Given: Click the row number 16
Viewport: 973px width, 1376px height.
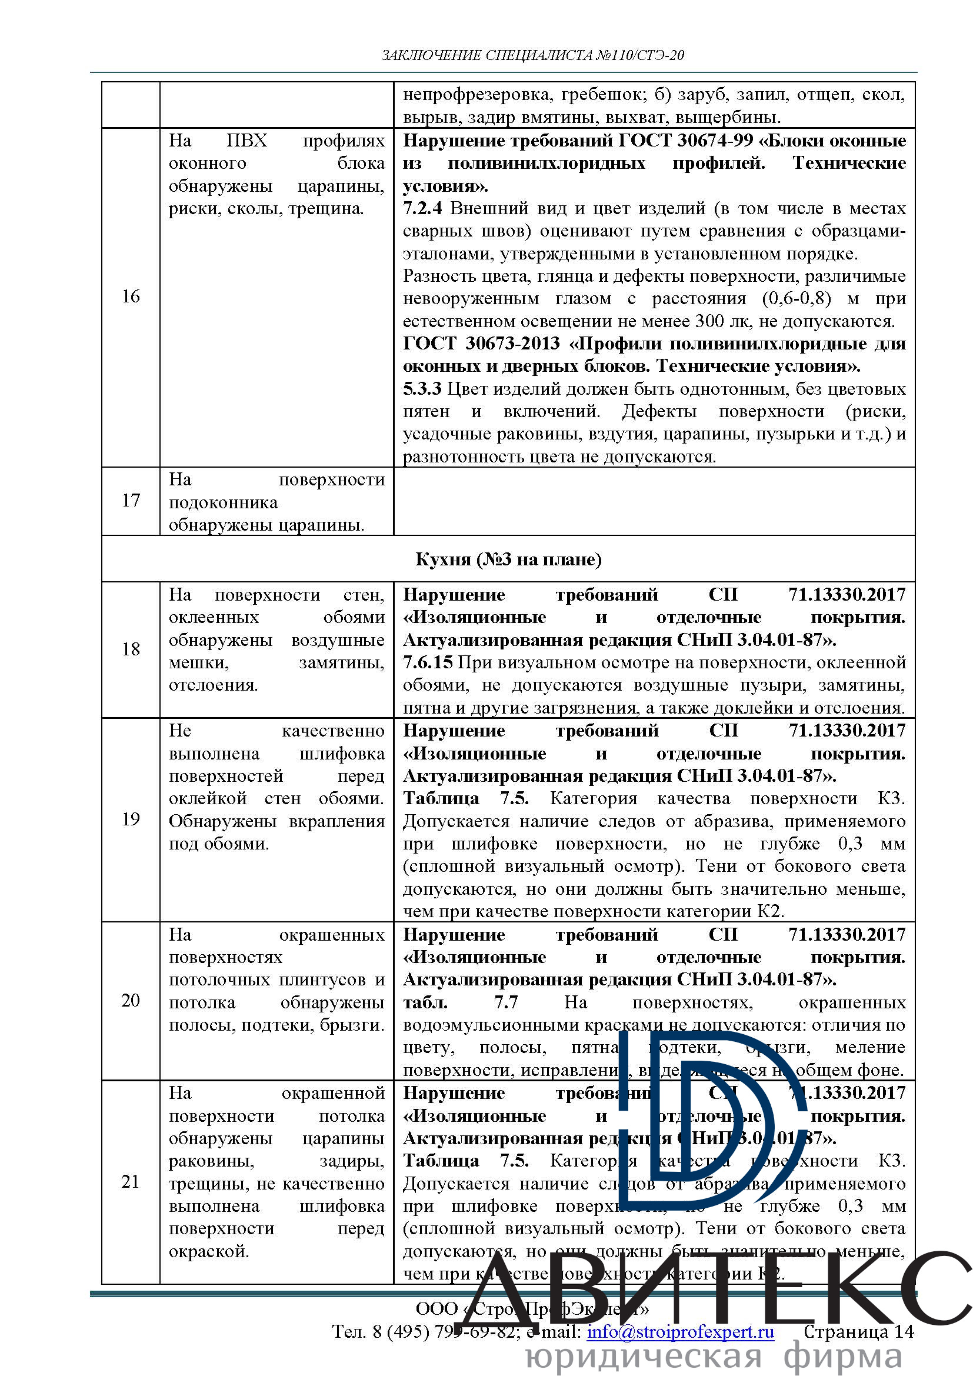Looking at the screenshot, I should (131, 296).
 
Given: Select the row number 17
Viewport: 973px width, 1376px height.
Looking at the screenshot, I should (131, 500).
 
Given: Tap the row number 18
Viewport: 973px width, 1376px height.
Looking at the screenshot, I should (131, 648).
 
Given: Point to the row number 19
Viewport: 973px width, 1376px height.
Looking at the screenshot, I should (131, 819).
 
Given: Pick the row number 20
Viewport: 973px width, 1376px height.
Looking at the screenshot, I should (131, 999).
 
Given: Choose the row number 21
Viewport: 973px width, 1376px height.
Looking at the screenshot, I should (131, 1181).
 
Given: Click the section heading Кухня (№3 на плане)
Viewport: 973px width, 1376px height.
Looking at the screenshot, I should (508, 558).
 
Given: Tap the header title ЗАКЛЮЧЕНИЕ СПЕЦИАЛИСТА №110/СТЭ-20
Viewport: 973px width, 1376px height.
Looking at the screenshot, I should (532, 55).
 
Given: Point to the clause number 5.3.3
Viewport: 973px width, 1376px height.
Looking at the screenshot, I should (422, 389).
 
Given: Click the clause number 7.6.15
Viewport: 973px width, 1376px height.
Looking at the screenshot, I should (427, 662).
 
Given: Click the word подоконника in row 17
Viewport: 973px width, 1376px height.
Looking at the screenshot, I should (224, 502).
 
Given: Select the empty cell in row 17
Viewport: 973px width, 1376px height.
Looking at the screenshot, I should (654, 501).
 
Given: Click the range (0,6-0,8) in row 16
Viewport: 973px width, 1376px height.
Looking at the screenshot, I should (797, 298).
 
